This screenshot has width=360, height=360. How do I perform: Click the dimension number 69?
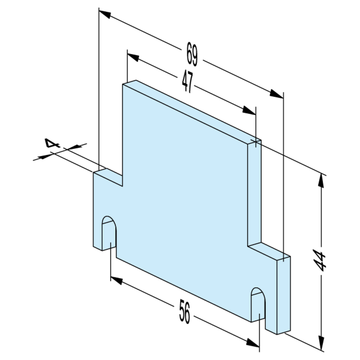coord(192,54)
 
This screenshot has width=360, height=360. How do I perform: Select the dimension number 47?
coord(188,82)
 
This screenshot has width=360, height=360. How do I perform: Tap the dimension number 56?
coord(185,312)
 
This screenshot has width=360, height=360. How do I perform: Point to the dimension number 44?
coord(320,261)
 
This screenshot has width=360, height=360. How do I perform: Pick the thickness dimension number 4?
coord(52,143)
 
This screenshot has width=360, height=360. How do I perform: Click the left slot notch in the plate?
coord(109,233)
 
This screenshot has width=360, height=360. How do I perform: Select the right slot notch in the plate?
coord(258,304)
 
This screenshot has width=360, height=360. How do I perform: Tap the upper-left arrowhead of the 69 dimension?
coord(105,14)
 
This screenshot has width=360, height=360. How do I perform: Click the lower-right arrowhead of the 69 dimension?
coord(277,94)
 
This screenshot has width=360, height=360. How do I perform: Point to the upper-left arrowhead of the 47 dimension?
coord(133,57)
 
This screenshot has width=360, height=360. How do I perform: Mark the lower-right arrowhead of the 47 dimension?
coord(249,111)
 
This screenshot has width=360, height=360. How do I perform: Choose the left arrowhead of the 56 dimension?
coord(117,281)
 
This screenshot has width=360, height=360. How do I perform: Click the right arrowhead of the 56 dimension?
coord(253,343)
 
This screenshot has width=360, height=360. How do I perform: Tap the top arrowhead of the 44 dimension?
coord(321,182)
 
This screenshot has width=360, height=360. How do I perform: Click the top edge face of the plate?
coord(192,112)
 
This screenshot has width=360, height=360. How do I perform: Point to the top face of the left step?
coord(108,177)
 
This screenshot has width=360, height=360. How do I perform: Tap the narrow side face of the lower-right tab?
coord(284,295)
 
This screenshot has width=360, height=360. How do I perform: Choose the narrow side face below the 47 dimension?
coord(255,193)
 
